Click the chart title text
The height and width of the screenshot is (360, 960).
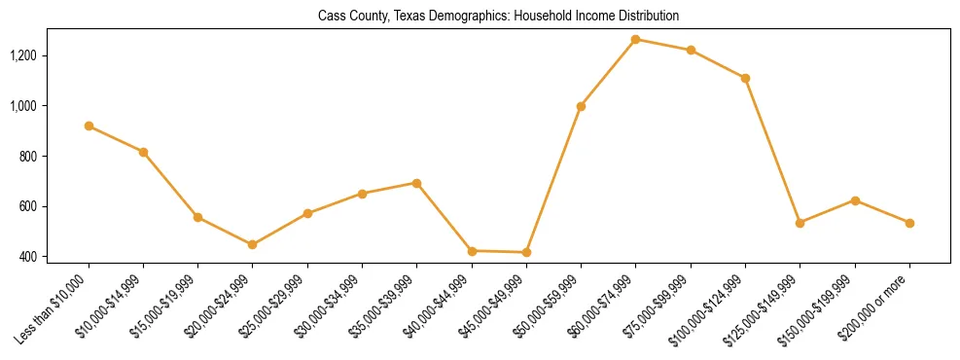click(498, 17)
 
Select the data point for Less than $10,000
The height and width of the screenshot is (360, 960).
click(89, 126)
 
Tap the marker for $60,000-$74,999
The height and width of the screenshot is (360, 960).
click(636, 39)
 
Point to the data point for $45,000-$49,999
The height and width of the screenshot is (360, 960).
click(526, 252)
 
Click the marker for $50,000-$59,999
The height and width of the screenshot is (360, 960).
click(581, 106)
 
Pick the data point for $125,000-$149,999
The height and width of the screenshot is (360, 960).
click(800, 223)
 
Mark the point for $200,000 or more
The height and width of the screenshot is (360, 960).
click(909, 223)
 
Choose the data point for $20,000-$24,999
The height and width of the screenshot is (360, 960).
click(253, 244)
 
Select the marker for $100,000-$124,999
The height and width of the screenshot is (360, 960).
click(745, 78)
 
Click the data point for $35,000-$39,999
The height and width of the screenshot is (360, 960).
click(416, 183)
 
